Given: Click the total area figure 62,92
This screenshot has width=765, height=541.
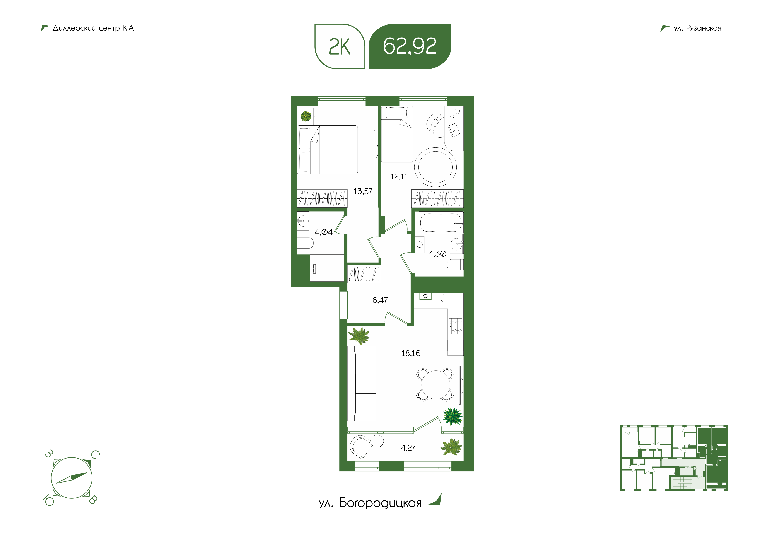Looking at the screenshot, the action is coord(410,46).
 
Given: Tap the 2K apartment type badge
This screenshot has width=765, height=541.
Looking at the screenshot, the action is coord(340,46).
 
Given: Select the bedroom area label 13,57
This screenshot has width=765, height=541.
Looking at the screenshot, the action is coord(363,191).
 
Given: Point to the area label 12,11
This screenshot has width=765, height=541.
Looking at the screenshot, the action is coord(399,177).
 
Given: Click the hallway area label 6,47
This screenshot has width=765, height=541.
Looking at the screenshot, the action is coord(380,300).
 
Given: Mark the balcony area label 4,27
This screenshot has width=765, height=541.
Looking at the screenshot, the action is coord(408,448).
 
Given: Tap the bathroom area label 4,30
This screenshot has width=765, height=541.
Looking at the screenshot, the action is coord(437,254).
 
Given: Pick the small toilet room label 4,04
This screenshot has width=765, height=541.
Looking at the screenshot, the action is coord(324,232).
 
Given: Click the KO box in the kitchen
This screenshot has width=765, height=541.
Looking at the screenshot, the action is coord(425,296).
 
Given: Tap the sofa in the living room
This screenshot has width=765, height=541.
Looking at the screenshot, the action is coord(362,383).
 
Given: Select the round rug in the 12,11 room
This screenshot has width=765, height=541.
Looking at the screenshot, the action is coord(435,167).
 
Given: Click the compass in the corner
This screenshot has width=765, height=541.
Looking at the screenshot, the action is coord(71,478).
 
